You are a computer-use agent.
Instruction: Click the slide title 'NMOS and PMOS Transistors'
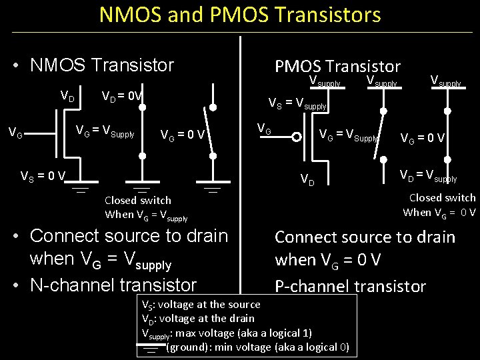[240, 15]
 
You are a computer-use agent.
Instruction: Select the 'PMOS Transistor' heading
[337, 66]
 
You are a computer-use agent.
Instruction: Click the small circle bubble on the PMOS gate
[295, 137]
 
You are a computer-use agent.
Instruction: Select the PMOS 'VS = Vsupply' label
[297, 103]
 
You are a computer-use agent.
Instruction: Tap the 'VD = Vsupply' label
[427, 177]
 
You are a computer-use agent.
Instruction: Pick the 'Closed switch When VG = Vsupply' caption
[146, 207]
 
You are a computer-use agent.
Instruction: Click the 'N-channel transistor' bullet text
[113, 285]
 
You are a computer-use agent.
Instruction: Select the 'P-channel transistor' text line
[350, 286]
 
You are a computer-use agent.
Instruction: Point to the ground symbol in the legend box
[151, 347]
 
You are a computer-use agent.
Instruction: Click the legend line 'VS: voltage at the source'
[199, 304]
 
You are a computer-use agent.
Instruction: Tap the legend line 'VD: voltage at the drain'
[198, 318]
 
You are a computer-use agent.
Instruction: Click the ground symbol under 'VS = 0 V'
[81, 189]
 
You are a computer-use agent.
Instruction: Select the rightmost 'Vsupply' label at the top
[445, 83]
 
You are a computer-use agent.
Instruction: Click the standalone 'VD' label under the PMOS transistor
[307, 179]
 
